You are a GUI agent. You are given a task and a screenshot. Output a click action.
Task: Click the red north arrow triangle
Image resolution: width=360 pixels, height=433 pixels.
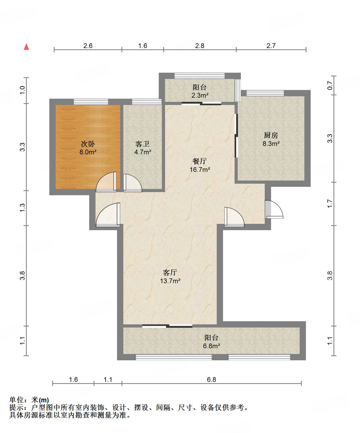click(26, 47)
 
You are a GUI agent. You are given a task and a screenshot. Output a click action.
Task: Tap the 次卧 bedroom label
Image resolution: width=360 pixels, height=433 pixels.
click(88, 144)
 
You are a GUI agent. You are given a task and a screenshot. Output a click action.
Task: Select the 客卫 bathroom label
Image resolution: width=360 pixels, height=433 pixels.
click(142, 144)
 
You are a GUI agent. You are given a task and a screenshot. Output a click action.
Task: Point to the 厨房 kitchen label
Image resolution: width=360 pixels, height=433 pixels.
click(271, 135)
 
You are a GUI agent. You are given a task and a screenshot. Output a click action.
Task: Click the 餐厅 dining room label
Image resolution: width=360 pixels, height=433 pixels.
click(200, 161)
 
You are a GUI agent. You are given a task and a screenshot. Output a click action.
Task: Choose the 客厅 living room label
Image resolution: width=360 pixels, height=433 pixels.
click(170, 272)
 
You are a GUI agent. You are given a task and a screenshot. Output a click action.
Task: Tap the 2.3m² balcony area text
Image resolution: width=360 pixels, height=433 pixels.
click(200, 95)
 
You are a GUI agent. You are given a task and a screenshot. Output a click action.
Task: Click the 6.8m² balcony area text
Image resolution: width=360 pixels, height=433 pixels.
click(211, 346)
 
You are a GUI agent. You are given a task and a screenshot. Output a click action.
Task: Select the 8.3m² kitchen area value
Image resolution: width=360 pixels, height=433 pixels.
click(271, 144)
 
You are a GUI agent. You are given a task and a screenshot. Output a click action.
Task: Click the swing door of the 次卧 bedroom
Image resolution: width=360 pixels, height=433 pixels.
click(106, 182)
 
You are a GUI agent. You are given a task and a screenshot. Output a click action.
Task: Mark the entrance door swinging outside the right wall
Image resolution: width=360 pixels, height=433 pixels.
click(274, 209)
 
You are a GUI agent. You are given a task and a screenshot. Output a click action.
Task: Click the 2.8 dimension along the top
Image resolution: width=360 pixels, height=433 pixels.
click(200, 46)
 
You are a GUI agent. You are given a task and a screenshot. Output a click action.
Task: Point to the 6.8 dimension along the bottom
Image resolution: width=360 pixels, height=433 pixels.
click(211, 379)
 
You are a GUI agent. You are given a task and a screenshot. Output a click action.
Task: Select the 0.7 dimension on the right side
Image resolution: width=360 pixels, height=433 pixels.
click(330, 86)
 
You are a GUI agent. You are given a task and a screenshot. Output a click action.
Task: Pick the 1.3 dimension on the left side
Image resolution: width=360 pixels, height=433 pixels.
click(22, 208)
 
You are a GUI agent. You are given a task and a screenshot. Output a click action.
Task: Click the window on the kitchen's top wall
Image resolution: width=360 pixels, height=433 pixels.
click(265, 93)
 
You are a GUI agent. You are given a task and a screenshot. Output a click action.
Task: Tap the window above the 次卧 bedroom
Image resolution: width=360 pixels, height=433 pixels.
click(91, 102)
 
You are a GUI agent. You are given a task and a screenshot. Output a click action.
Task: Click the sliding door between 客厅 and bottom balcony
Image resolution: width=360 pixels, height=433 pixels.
click(167, 326)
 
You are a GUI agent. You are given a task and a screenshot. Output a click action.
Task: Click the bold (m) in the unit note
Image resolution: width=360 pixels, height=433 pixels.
click(44, 400)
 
